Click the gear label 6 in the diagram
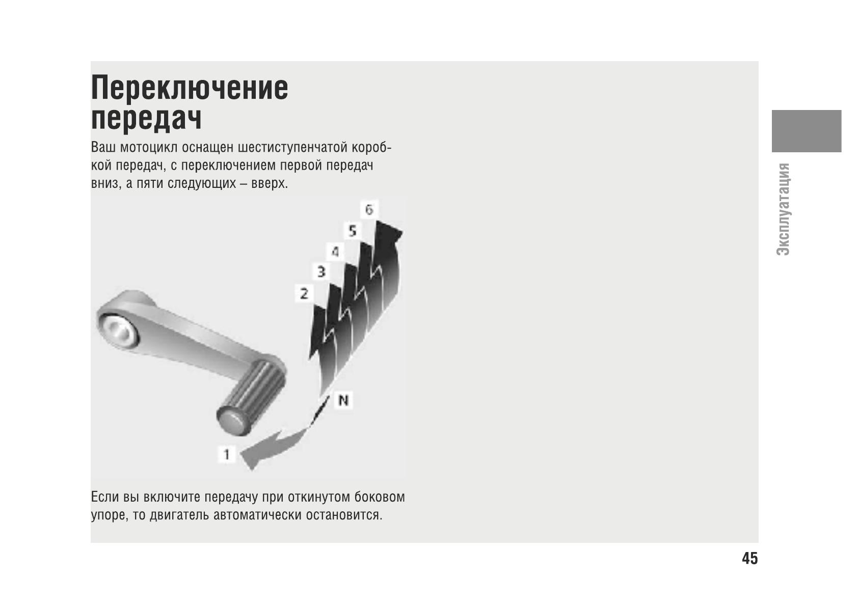pyautogui.click(x=369, y=209)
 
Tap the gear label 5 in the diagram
pyautogui.click(x=352, y=231)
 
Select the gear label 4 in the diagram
pyautogui.click(x=335, y=251)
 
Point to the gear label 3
pyautogui.click(x=321, y=271)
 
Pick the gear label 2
pyautogui.click(x=304, y=293)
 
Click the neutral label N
pyautogui.click(x=343, y=401)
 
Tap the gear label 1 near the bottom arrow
pyautogui.click(x=227, y=454)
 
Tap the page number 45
pyautogui.click(x=749, y=559)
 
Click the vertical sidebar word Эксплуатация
pyautogui.click(x=783, y=209)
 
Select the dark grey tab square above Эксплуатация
pyautogui.click(x=806, y=131)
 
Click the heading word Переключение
pyautogui.click(x=190, y=88)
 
